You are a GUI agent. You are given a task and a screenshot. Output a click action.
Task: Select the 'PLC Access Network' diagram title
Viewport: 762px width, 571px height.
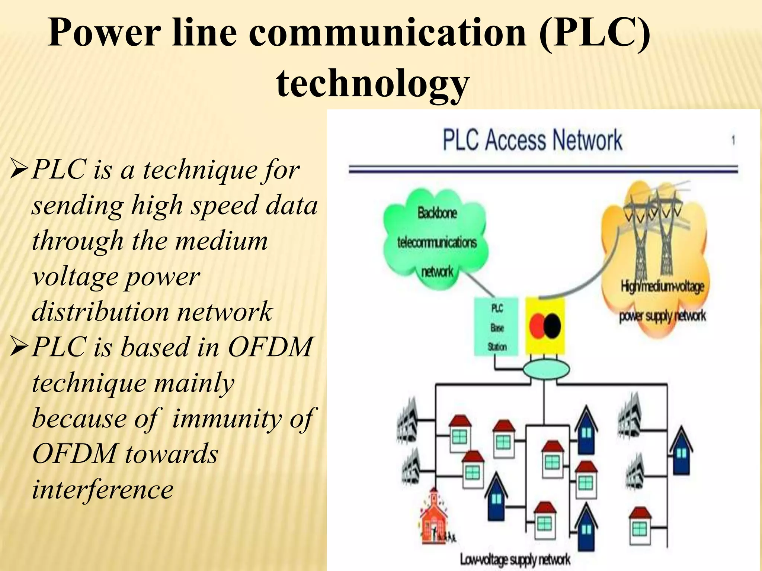532,140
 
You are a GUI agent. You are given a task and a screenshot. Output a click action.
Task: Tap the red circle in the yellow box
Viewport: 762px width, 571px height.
537,326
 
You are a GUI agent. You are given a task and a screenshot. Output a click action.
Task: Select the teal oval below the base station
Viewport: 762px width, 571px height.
546,370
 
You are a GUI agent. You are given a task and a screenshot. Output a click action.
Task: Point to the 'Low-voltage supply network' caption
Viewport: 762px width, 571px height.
515,559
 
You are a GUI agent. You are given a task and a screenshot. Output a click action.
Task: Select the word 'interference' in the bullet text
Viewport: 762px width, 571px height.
103,489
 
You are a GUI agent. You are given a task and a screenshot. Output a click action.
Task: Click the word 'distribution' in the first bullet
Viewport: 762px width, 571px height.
100,312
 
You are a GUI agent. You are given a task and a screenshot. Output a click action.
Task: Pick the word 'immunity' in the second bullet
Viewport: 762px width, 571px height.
227,419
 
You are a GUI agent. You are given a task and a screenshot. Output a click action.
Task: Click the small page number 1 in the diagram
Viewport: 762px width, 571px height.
733,141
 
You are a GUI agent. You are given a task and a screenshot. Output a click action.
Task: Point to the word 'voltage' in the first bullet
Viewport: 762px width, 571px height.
74,277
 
